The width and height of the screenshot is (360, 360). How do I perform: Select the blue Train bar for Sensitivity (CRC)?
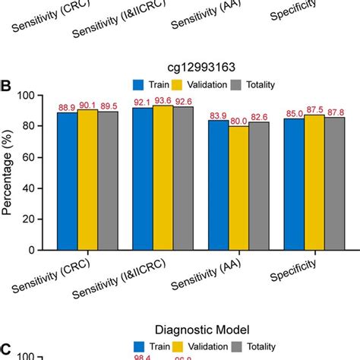[x=67, y=181]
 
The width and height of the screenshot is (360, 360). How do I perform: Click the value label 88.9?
[x=67, y=106]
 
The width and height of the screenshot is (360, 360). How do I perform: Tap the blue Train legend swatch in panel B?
[x=138, y=84]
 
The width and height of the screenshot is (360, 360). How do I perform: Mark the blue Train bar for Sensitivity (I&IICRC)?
[x=142, y=178]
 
